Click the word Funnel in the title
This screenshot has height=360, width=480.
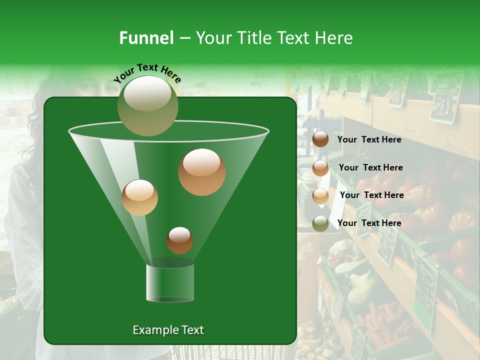tap(146, 38)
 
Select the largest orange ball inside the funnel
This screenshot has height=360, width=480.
tap(201, 172)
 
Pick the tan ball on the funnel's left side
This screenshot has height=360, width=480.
tap(139, 197)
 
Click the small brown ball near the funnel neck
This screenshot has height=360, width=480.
tap(179, 240)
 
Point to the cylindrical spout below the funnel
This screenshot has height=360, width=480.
tap(170, 283)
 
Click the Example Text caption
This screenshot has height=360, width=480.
tap(168, 330)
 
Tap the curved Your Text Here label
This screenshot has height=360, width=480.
tap(147, 73)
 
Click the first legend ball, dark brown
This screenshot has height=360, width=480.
tap(320, 139)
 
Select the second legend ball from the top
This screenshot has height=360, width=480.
tap(320, 168)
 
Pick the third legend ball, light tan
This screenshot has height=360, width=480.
tap(320, 195)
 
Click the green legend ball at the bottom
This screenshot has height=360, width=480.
tap(320, 223)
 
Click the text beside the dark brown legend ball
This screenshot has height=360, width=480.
tap(369, 139)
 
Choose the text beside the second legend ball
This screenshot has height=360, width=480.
tap(370, 167)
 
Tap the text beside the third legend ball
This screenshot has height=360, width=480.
tap(371, 195)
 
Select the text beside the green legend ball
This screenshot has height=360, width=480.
tap(369, 223)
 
